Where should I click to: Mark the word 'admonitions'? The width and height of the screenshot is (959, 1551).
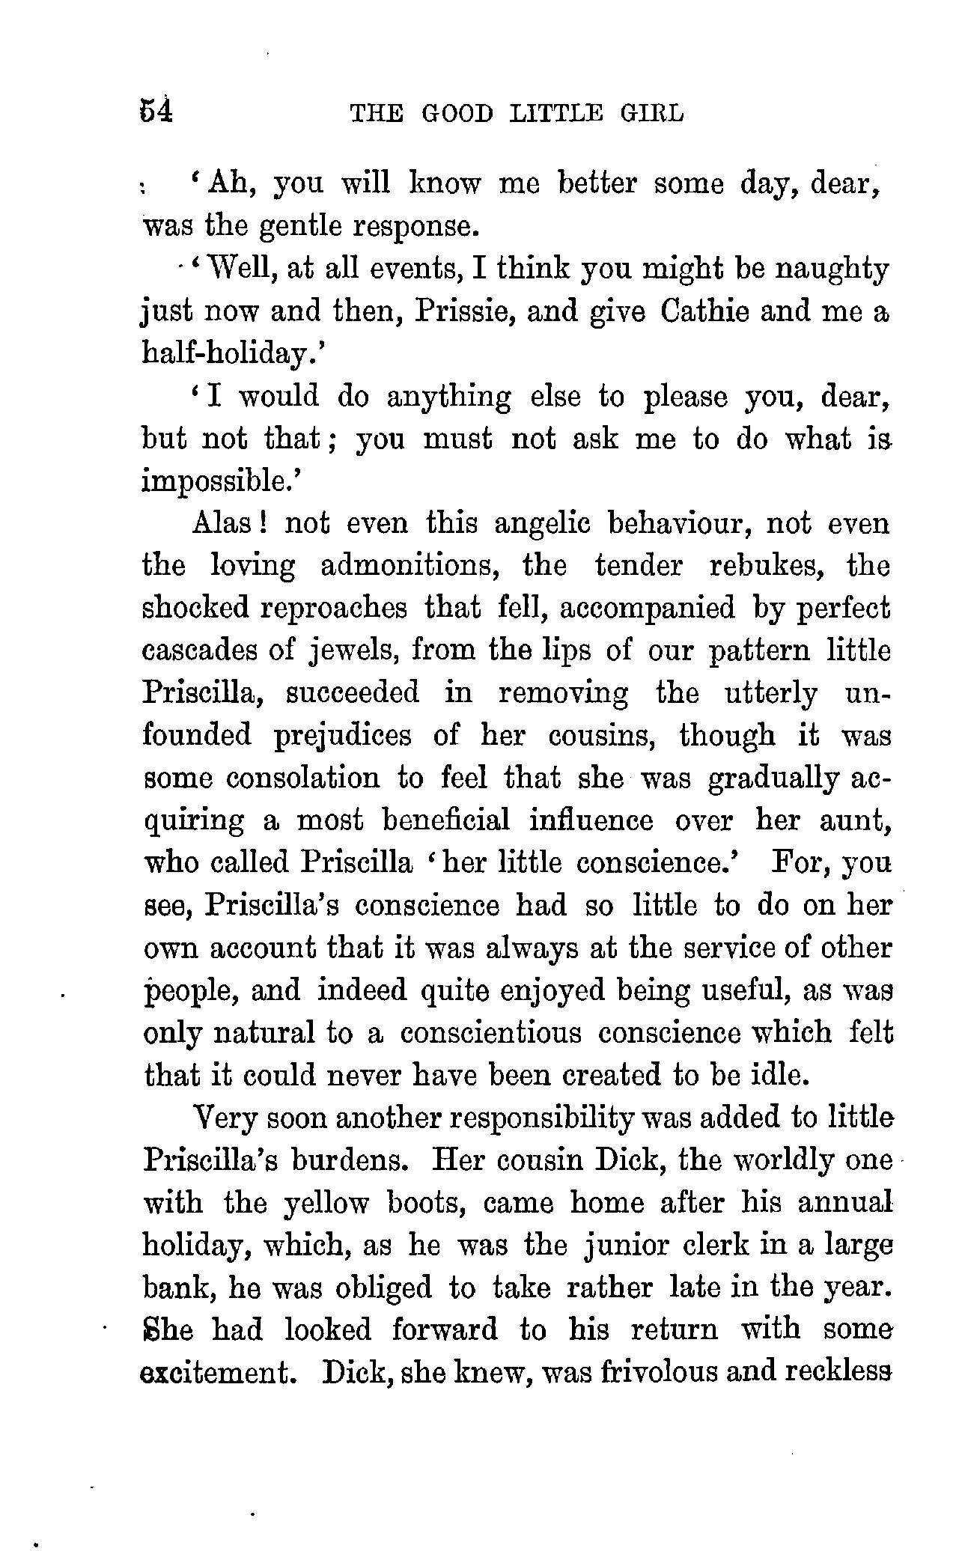[410, 565]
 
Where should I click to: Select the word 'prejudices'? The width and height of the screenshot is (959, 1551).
[342, 737]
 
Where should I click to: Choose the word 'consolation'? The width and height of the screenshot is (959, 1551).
[302, 778]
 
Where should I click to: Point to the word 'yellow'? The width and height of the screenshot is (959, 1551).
[326, 1203]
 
